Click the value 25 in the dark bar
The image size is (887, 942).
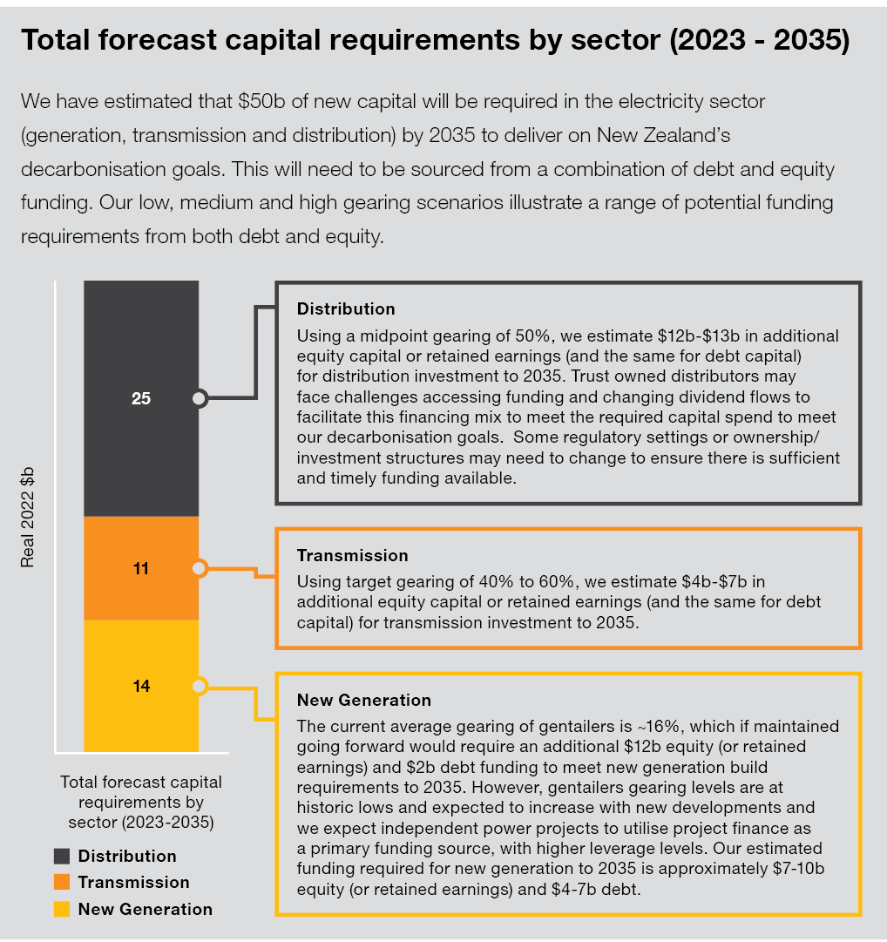pyautogui.click(x=141, y=399)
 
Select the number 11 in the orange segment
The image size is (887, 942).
pyautogui.click(x=141, y=569)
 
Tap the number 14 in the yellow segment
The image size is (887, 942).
pyautogui.click(x=141, y=687)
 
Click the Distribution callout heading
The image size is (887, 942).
pyautogui.click(x=346, y=309)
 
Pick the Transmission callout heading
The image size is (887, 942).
pyautogui.click(x=352, y=556)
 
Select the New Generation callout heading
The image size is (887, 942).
pyautogui.click(x=363, y=701)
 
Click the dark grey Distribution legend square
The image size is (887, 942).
pyautogui.click(x=62, y=856)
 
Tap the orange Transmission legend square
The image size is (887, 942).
pyautogui.click(x=62, y=882)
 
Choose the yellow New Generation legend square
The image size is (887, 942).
pyautogui.click(x=62, y=909)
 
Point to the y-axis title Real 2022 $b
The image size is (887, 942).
pyautogui.click(x=29, y=517)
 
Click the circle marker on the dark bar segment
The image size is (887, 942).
pyautogui.click(x=200, y=399)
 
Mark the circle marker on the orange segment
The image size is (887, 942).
pyautogui.click(x=200, y=569)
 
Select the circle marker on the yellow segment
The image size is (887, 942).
pyautogui.click(x=200, y=687)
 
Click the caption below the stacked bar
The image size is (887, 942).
pyautogui.click(x=141, y=802)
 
